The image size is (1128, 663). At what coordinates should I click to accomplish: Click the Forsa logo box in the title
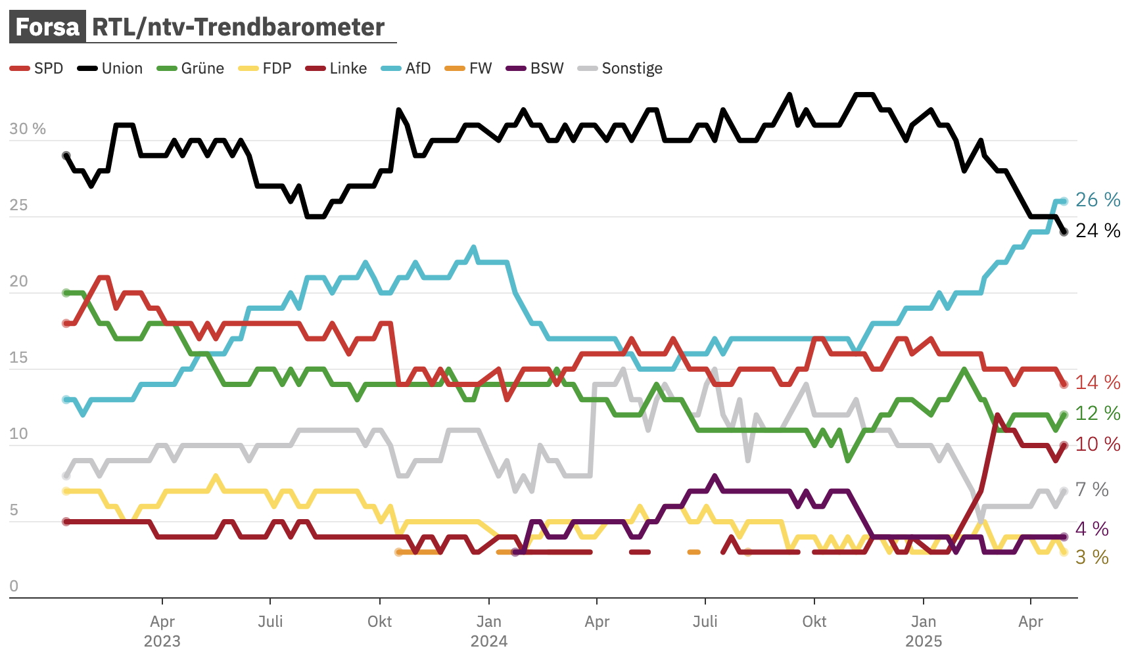coord(47,27)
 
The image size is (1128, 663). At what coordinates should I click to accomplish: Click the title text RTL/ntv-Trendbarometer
coord(238,27)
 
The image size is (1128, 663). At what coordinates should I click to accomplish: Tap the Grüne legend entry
coord(191,68)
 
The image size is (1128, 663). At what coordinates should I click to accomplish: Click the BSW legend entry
coord(535,68)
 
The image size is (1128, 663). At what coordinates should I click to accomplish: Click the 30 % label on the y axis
coord(28,129)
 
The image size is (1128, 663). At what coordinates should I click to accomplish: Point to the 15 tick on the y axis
coord(18,357)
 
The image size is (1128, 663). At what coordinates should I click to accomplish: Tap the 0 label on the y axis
coord(14,586)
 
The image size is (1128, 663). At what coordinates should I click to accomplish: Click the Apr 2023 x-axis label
coord(162,631)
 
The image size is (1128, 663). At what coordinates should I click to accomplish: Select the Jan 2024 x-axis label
coord(489,631)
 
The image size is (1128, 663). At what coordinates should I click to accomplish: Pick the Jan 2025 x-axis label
coord(924,631)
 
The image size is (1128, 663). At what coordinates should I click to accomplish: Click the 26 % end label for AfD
coord(1098,200)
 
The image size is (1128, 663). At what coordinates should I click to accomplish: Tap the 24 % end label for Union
coord(1098,231)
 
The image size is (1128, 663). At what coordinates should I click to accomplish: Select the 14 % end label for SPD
coord(1098,382)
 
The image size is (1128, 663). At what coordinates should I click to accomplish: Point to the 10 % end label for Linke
coord(1098,444)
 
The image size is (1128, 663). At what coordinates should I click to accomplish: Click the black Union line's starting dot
coord(66,156)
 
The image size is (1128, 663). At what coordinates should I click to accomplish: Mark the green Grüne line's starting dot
coord(66,293)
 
